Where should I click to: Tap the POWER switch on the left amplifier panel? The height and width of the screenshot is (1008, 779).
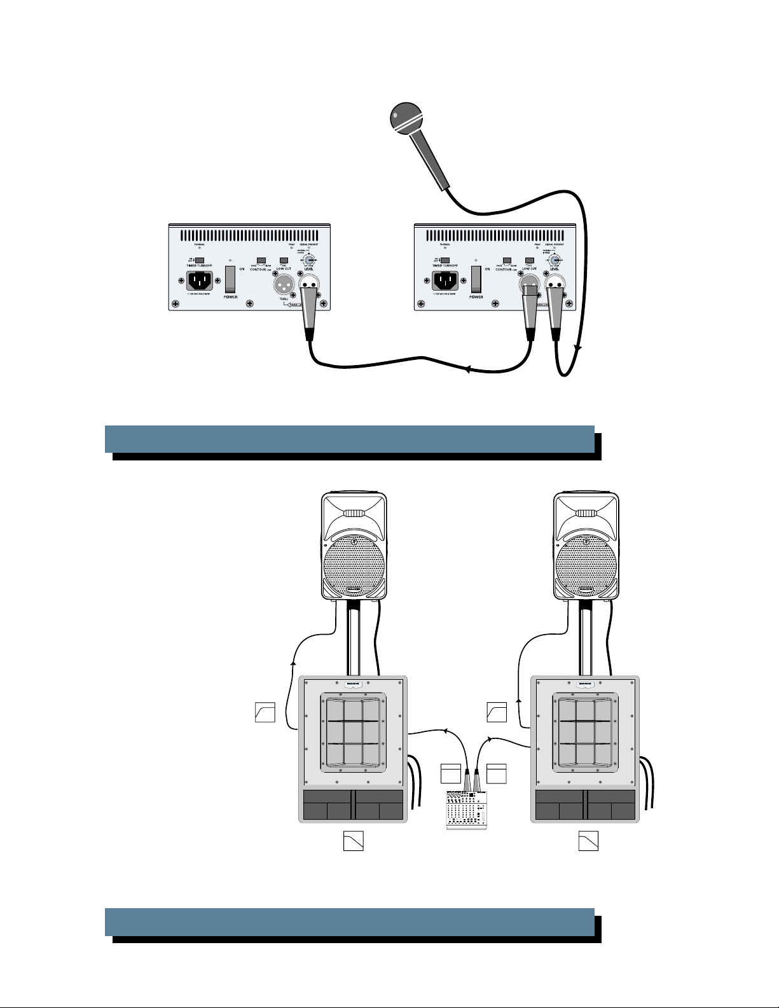click(231, 279)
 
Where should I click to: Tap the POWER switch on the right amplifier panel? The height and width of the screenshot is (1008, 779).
click(476, 279)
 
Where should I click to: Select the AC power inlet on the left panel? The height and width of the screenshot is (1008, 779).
click(199, 280)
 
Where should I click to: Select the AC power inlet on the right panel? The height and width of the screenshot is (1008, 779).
click(445, 280)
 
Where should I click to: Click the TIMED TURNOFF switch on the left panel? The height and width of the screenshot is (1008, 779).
click(199, 260)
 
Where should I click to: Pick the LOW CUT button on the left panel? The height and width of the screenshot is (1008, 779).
click(284, 260)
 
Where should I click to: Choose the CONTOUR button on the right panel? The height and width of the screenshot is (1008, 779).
click(507, 260)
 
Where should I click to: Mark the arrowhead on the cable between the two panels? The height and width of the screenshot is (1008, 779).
click(468, 369)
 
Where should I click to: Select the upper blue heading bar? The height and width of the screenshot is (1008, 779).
click(350, 439)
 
